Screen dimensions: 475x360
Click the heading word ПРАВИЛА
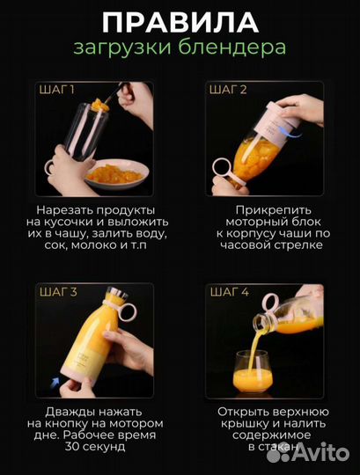coord(180,22)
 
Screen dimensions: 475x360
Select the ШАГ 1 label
coord(57,90)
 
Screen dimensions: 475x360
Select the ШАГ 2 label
coord(228,90)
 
